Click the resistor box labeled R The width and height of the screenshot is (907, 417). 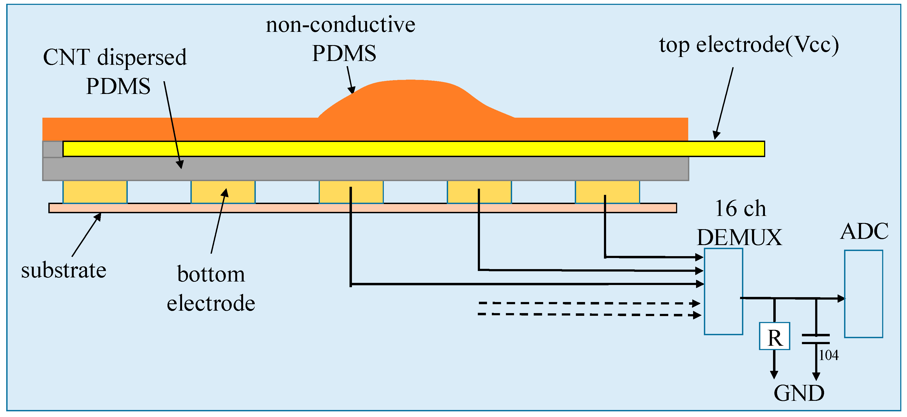[774, 336]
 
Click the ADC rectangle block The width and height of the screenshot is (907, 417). [863, 294]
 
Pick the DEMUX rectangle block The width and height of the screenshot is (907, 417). [723, 291]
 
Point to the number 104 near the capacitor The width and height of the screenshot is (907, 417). [828, 355]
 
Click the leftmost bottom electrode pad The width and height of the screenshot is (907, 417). [95, 192]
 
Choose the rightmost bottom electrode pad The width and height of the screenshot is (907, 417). [607, 192]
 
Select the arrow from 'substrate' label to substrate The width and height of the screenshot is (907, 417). [86, 235]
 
